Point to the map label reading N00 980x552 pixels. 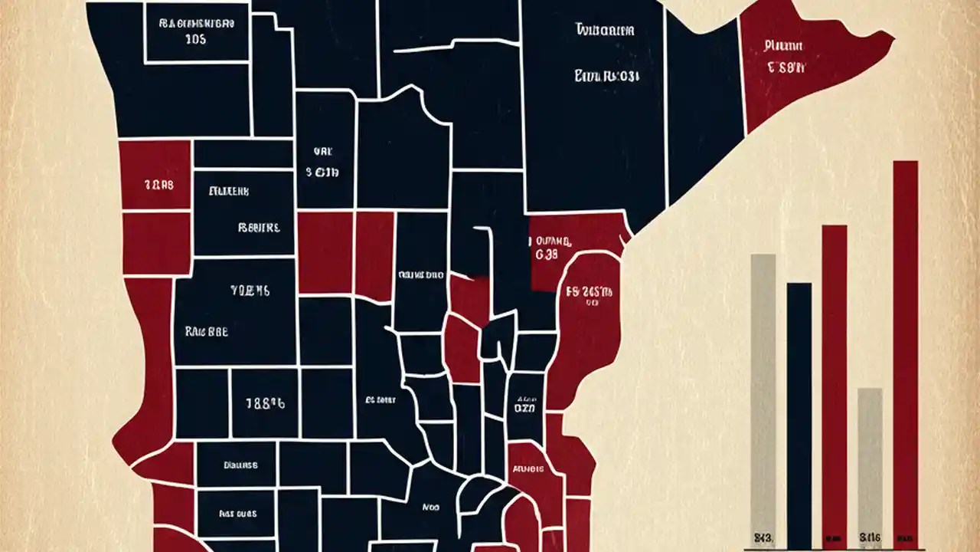pyautogui.click(x=431, y=507)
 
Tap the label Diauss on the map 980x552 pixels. pyautogui.click(x=240, y=465)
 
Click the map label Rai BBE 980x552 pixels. pyautogui.click(x=206, y=333)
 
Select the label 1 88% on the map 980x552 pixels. pyautogui.click(x=265, y=403)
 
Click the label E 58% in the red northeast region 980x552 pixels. pyautogui.click(x=786, y=67)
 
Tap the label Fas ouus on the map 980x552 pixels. pyautogui.click(x=237, y=514)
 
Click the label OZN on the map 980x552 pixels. pyautogui.click(x=526, y=409)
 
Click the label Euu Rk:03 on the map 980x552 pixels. pyautogui.click(x=607, y=77)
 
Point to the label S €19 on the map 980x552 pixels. pyautogui.click(x=322, y=172)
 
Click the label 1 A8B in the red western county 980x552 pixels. pyautogui.click(x=158, y=185)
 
